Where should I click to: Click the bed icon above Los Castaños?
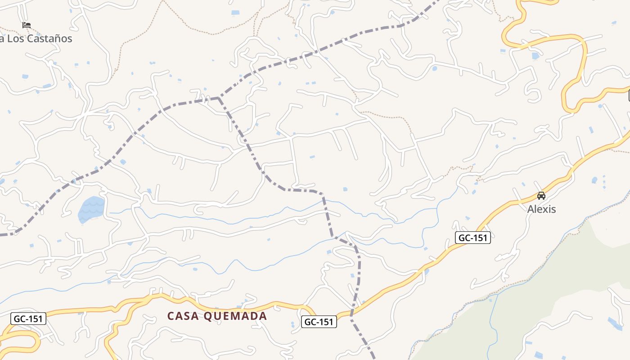(x=27, y=25)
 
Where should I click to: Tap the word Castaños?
(x=49, y=39)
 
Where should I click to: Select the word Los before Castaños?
(x=15, y=39)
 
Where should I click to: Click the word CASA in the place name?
(x=183, y=316)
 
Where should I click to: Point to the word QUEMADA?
(x=235, y=316)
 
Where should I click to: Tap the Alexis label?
(x=541, y=209)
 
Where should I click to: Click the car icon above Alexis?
(x=541, y=196)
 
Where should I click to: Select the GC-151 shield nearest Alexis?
(x=473, y=238)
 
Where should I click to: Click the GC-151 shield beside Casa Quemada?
(x=319, y=322)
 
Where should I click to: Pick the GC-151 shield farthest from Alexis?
(x=28, y=319)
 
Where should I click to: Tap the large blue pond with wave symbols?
(x=92, y=209)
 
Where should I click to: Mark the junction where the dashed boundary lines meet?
(x=219, y=98)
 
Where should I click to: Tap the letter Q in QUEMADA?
(x=208, y=316)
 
